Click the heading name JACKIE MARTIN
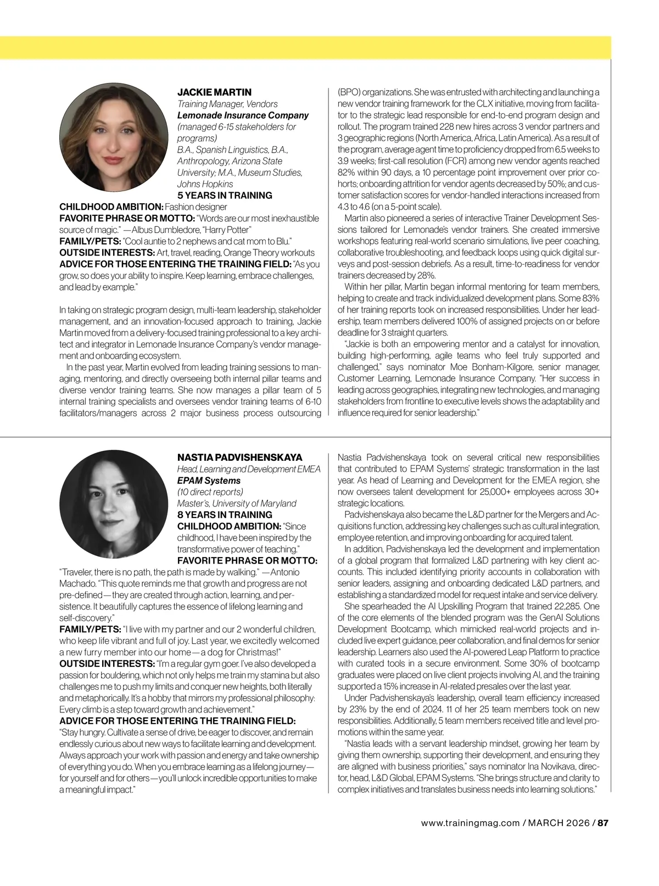click(214, 92)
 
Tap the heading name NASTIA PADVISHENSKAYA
click(239, 458)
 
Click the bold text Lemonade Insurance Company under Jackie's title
click(243, 115)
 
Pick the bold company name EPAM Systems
click(201, 481)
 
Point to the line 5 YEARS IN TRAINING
click(225, 196)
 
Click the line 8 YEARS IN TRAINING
click(225, 515)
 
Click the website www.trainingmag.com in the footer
click(470, 823)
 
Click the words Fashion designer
click(196, 207)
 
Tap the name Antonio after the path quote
click(285, 572)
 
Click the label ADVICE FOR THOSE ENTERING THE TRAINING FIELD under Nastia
click(177, 721)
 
